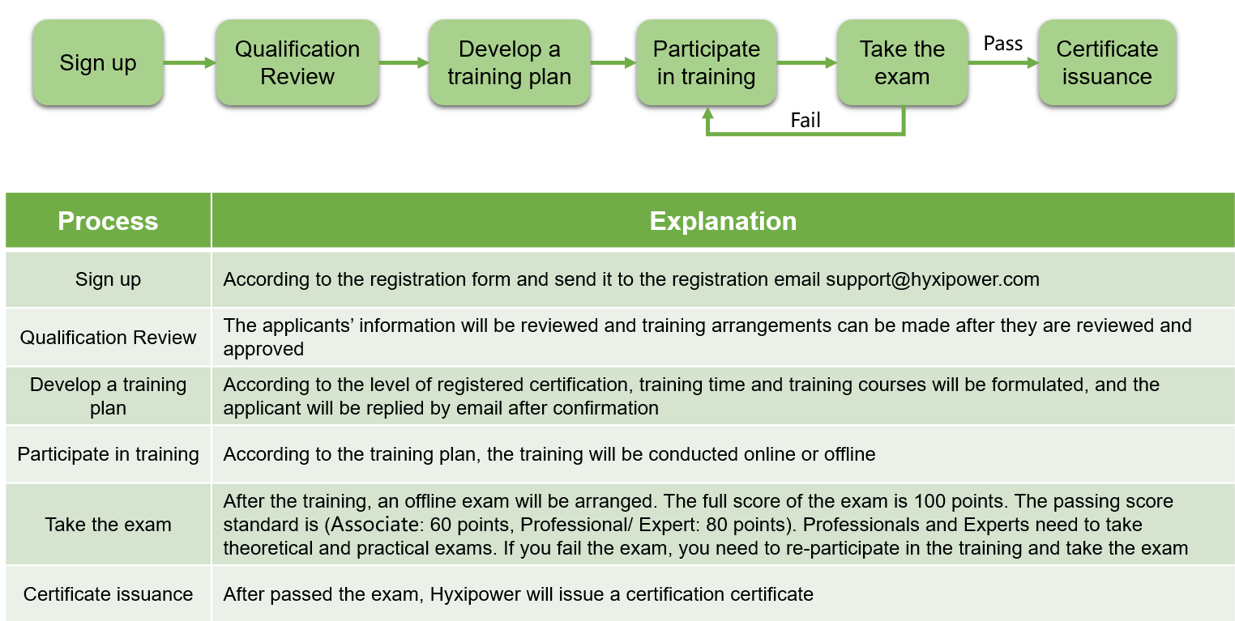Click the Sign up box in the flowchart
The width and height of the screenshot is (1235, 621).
point(97,62)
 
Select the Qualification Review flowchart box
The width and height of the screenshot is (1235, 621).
point(297,62)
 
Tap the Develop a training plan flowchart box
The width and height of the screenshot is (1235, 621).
point(510,62)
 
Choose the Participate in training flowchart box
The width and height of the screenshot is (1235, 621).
point(707,62)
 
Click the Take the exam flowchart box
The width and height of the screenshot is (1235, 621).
point(902,62)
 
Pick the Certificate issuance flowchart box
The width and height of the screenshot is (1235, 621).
point(1107,62)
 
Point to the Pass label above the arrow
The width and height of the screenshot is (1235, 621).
point(1003,44)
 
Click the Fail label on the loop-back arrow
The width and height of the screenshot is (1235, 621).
point(806,120)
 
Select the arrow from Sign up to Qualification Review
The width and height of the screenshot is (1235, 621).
point(190,63)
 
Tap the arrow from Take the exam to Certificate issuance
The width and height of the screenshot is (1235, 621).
point(1003,63)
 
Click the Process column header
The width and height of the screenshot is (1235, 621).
point(108,221)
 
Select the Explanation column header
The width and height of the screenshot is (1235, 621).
point(723,221)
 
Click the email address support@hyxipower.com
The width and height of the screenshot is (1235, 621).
point(932,279)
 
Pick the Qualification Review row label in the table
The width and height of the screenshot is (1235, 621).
point(108,338)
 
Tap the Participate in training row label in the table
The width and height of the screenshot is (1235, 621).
point(108,454)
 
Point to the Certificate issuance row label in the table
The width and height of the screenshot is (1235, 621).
point(108,594)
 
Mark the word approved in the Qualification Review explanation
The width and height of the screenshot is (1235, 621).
point(263,350)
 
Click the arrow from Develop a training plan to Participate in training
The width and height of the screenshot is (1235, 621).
point(613,63)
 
